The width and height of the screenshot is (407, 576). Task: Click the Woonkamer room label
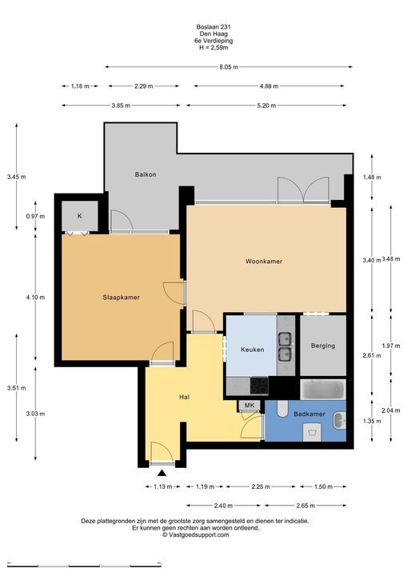click(x=264, y=261)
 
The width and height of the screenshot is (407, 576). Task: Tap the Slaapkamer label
click(x=122, y=298)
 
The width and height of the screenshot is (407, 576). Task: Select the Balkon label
click(x=146, y=174)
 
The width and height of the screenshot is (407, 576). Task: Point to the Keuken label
click(x=253, y=350)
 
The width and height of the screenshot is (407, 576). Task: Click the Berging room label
click(x=323, y=346)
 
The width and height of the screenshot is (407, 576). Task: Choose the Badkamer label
click(x=309, y=414)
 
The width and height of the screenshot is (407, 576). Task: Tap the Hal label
click(x=185, y=397)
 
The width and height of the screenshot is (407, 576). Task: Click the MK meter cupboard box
click(x=249, y=405)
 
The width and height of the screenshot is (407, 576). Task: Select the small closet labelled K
click(x=80, y=216)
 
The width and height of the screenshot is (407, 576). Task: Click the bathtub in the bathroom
click(x=323, y=390)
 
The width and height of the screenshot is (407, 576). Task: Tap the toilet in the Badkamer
click(x=283, y=409)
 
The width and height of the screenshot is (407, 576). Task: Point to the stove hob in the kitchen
click(x=259, y=386)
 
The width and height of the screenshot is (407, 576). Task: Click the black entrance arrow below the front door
click(x=162, y=473)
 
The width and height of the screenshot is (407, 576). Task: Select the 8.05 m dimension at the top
click(x=229, y=67)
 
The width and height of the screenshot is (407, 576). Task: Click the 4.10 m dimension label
click(x=35, y=297)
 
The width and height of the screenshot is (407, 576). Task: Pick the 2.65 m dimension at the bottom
click(x=305, y=506)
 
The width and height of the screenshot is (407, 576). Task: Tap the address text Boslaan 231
click(x=213, y=26)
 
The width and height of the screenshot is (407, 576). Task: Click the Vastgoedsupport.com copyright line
click(x=196, y=535)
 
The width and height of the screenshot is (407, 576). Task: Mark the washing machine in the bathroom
click(x=312, y=432)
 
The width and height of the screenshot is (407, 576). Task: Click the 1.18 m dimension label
click(x=80, y=86)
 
